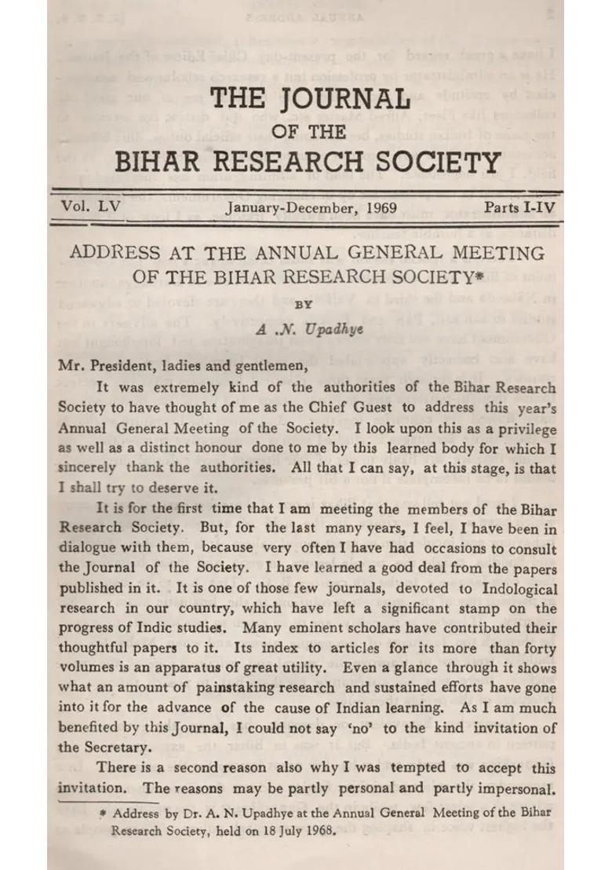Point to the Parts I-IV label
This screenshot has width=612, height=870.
tap(520, 209)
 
